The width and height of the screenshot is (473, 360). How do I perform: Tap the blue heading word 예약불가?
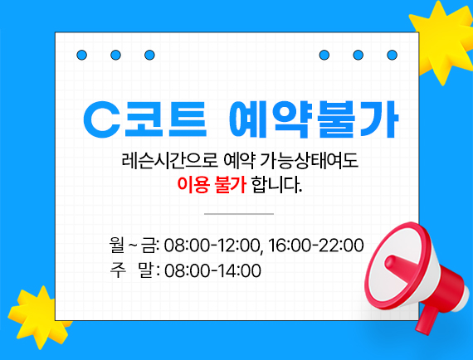click(314, 120)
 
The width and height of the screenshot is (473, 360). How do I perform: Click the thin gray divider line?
click(238, 214)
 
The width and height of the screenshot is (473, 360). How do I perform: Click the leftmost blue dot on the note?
click(82, 56)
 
